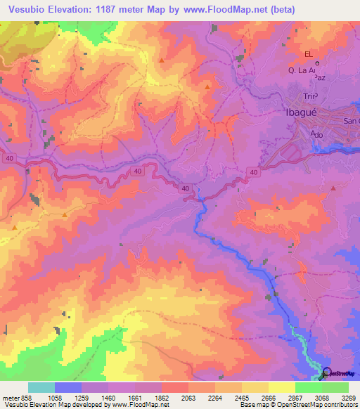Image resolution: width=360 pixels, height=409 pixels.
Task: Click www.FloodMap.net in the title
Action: coord(224,9)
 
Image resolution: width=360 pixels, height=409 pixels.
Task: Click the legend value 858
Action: coord(28,397)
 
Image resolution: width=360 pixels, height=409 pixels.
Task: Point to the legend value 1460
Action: coord(108,397)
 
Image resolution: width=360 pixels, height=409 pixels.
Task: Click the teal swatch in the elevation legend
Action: coord(41,387)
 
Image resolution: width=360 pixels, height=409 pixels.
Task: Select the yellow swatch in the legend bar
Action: coord(282,387)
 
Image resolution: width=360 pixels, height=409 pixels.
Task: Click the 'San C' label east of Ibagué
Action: coord(351,120)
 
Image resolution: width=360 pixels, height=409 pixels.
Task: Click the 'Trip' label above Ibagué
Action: coord(311,96)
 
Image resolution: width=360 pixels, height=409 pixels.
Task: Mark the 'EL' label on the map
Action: coord(307,54)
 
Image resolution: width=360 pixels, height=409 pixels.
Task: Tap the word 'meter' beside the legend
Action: coord(11,397)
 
